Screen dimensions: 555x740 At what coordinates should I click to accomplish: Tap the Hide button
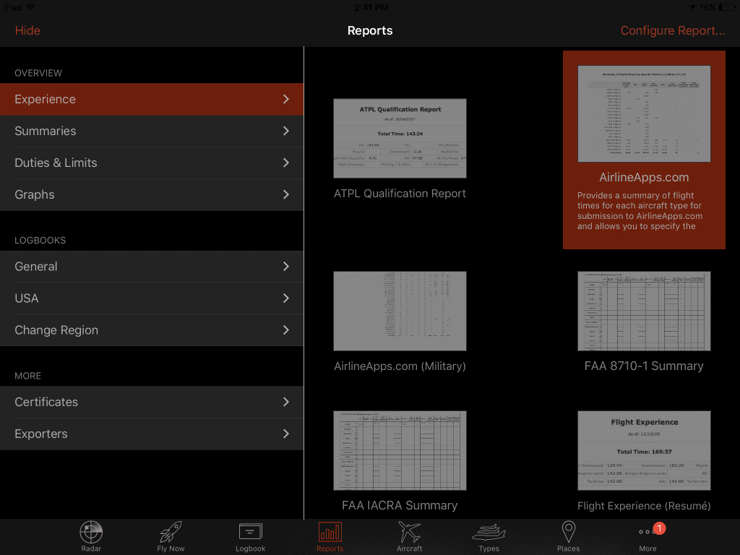click(27, 30)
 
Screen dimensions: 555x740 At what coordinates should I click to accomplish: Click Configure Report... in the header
click(672, 30)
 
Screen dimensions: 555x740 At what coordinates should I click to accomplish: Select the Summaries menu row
click(152, 131)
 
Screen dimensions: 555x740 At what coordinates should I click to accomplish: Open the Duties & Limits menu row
click(152, 163)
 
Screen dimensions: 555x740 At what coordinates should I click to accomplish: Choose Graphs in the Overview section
click(152, 194)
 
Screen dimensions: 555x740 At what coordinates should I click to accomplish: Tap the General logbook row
click(152, 267)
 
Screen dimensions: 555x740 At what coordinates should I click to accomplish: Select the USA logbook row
click(152, 298)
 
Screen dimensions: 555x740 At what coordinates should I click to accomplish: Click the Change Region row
click(152, 330)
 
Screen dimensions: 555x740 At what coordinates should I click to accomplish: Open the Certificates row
click(152, 402)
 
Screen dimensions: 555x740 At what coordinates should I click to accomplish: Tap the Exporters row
click(152, 434)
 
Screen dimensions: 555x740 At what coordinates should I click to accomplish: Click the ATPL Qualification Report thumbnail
click(400, 138)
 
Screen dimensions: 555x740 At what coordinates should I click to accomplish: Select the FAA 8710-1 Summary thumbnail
click(644, 311)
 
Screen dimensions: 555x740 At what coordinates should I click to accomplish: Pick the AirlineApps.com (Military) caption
click(400, 366)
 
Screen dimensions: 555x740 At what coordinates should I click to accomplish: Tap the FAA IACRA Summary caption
click(400, 506)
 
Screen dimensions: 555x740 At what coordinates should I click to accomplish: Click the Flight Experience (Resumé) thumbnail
click(644, 450)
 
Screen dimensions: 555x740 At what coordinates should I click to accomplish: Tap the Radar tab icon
click(91, 533)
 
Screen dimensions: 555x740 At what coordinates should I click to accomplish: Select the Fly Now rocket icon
click(171, 533)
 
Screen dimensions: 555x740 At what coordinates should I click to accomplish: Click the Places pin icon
click(568, 533)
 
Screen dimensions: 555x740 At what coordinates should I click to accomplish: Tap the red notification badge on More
click(660, 528)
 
